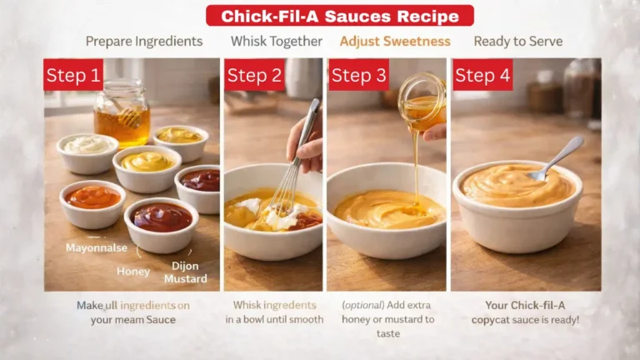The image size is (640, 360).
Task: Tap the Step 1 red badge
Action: tap(73, 75)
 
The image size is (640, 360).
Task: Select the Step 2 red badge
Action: tap(254, 75)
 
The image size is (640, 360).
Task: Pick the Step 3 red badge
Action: tap(358, 75)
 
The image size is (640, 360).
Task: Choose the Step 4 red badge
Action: tap(482, 75)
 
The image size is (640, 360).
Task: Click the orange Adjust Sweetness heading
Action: tap(395, 41)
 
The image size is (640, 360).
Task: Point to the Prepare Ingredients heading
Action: tap(144, 41)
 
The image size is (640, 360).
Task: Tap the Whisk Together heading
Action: tap(277, 41)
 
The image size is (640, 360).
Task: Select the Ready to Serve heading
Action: tap(517, 41)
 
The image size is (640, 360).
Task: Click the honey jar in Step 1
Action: tap(121, 114)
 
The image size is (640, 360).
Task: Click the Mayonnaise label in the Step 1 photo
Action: tap(97, 247)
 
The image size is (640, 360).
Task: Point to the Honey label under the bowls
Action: tap(133, 271)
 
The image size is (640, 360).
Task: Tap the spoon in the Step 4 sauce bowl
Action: tap(557, 158)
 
